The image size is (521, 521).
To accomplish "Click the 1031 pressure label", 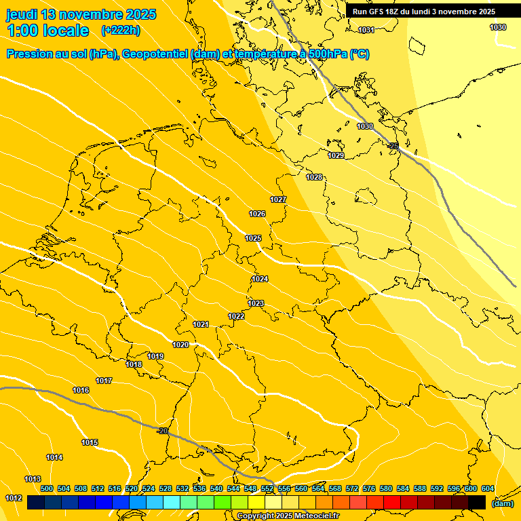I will click(366, 30).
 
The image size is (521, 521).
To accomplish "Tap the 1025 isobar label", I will click(254, 238).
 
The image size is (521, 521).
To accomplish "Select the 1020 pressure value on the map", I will click(180, 345).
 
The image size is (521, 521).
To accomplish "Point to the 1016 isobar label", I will click(81, 390).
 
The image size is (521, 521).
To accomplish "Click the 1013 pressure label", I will click(33, 479).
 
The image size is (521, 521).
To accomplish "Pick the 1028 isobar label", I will click(314, 177).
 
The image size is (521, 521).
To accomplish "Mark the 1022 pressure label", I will click(236, 316).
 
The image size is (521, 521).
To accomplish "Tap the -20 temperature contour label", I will click(162, 431).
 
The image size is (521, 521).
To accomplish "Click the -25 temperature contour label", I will click(393, 146).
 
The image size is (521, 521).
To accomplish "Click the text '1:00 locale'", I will click(47, 31).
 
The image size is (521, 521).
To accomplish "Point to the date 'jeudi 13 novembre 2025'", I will click(81, 14).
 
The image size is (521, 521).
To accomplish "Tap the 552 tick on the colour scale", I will click(267, 488).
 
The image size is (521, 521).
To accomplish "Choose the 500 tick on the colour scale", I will click(47, 488).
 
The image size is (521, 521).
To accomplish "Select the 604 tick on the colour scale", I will click(487, 488).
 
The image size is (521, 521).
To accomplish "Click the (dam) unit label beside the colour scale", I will click(502, 503).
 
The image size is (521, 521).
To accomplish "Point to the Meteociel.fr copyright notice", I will click(288, 516).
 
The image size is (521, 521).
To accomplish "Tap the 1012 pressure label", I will click(14, 498).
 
